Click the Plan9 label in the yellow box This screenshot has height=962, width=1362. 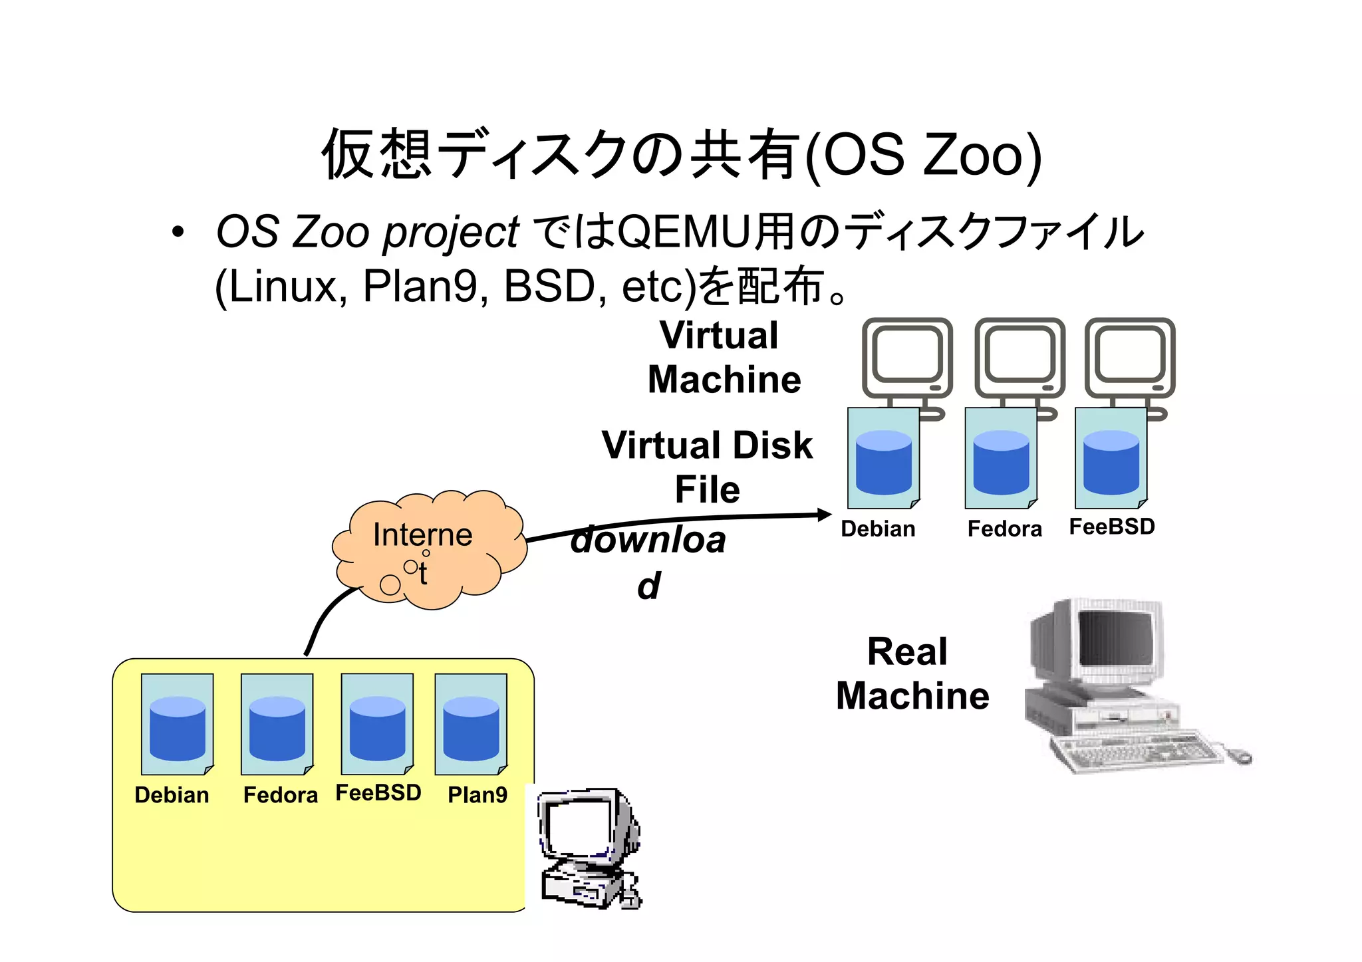477,794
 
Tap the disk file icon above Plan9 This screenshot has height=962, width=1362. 471,724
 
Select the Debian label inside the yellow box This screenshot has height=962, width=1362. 172,794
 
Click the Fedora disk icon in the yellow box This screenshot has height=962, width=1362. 277,724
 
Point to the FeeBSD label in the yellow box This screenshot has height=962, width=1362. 378,792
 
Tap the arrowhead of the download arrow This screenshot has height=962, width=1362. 825,515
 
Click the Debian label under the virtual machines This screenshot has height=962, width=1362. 878,529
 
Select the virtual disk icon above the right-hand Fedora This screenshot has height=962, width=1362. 1001,459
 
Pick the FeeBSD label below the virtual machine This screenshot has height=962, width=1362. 1111,527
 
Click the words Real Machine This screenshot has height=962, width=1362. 912,673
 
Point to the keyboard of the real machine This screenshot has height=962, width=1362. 1137,751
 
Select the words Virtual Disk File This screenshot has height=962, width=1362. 707,467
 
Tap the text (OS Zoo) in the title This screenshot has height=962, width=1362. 923,155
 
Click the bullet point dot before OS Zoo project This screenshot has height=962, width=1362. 177,233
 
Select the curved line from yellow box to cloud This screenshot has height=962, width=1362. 326,615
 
